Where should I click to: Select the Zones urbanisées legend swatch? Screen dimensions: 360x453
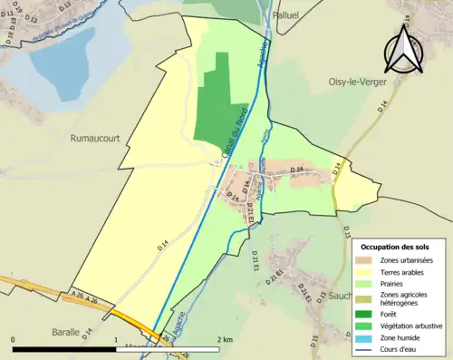point(365,261)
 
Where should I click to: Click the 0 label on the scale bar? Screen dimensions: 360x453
point(14,338)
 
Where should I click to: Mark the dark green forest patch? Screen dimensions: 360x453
point(216,100)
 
